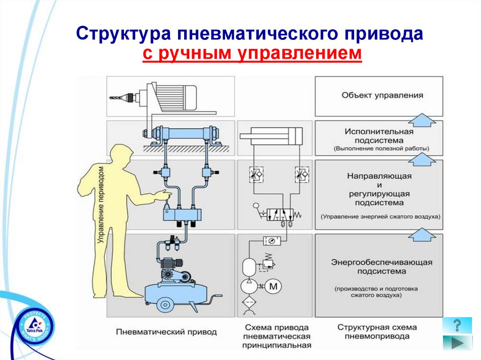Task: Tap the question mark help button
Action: [x=457, y=325]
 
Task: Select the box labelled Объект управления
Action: [x=379, y=96]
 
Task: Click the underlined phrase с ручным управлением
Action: [x=252, y=54]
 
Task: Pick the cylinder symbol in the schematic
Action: [x=275, y=136]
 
